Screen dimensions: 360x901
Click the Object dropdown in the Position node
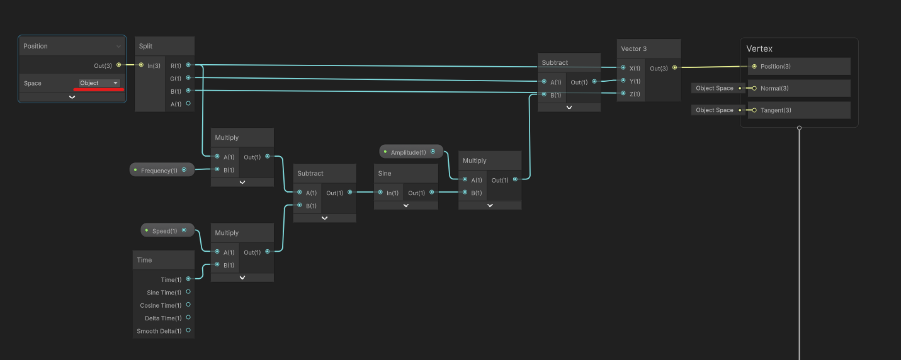tap(99, 83)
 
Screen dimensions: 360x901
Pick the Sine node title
tap(385, 173)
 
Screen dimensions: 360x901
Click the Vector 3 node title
tap(634, 48)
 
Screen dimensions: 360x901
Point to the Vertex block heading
tap(759, 48)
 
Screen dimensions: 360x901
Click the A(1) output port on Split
tap(188, 104)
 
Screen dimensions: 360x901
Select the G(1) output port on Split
tap(188, 78)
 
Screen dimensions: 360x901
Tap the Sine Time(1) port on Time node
tap(188, 292)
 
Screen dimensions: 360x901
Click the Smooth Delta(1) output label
tap(159, 331)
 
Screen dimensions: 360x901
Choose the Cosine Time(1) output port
tap(188, 305)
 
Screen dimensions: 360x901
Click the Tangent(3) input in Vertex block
tap(754, 110)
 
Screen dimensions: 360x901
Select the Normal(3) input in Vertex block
tap(754, 88)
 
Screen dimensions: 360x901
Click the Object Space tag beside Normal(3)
tap(715, 88)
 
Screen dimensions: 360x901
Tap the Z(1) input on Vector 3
tap(623, 94)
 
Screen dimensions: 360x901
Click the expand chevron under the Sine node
tap(406, 205)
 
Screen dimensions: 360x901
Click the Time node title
tap(145, 260)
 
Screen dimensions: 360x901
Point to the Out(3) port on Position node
tap(118, 64)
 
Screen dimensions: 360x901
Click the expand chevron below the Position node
tap(72, 97)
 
